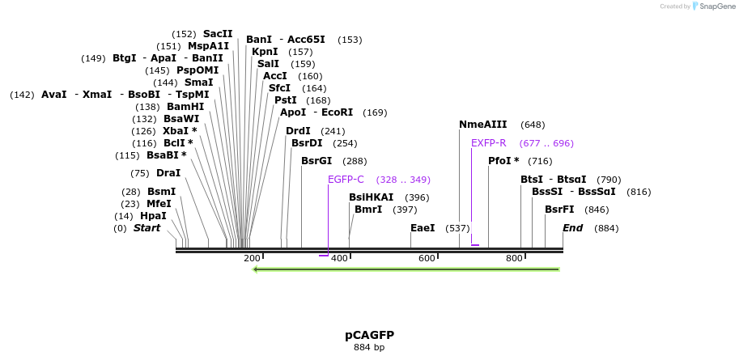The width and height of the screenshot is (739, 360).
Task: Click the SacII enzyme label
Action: pos(218,34)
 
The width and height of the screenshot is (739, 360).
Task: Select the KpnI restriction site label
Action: pos(265,52)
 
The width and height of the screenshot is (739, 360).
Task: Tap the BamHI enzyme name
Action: pos(185,107)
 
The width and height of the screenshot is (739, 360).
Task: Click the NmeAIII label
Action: pos(482,125)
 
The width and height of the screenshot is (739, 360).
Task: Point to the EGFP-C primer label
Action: pos(346,180)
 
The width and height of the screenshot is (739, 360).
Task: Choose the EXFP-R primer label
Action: pos(489,143)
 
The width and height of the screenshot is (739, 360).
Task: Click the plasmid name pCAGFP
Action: pos(369,335)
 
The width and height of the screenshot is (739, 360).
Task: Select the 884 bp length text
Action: pos(369,348)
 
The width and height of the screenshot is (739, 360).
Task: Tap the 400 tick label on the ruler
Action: pos(339,259)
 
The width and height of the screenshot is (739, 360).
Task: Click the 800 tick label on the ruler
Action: pos(514,259)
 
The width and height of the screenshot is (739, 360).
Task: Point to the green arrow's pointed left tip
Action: pos(255,269)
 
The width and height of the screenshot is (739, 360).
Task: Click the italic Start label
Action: pos(147,228)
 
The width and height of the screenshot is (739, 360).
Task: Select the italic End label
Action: pos(573,228)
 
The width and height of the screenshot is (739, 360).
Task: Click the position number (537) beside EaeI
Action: pos(457,228)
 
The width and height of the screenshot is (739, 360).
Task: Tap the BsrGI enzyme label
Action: pos(316,161)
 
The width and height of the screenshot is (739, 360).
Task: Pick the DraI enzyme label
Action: pos(168,173)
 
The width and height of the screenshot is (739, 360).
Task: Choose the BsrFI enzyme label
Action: pos(559,210)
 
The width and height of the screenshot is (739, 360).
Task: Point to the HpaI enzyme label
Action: pos(153,216)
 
